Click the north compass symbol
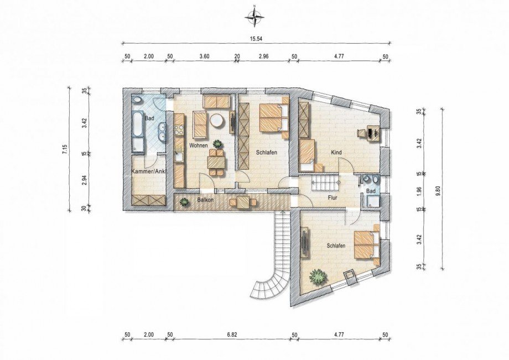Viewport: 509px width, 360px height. [x=255, y=16]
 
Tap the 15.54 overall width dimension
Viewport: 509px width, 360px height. [x=256, y=38]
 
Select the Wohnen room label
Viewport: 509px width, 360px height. [x=199, y=145]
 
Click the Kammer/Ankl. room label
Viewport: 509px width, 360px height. [x=149, y=171]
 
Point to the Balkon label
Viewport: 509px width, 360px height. [x=205, y=200]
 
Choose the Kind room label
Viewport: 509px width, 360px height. [x=336, y=152]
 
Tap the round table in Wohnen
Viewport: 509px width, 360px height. [x=216, y=121]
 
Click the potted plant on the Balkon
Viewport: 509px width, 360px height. [x=184, y=202]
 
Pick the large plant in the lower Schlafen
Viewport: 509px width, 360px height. [x=317, y=276]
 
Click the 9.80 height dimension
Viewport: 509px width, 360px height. [x=438, y=189]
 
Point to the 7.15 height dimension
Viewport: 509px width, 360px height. [x=65, y=149]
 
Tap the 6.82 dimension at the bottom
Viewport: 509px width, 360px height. [x=232, y=335]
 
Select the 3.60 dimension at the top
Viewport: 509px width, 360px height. [x=205, y=56]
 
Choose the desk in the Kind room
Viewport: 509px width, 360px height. [x=373, y=133]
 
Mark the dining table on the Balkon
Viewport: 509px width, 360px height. [x=243, y=202]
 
